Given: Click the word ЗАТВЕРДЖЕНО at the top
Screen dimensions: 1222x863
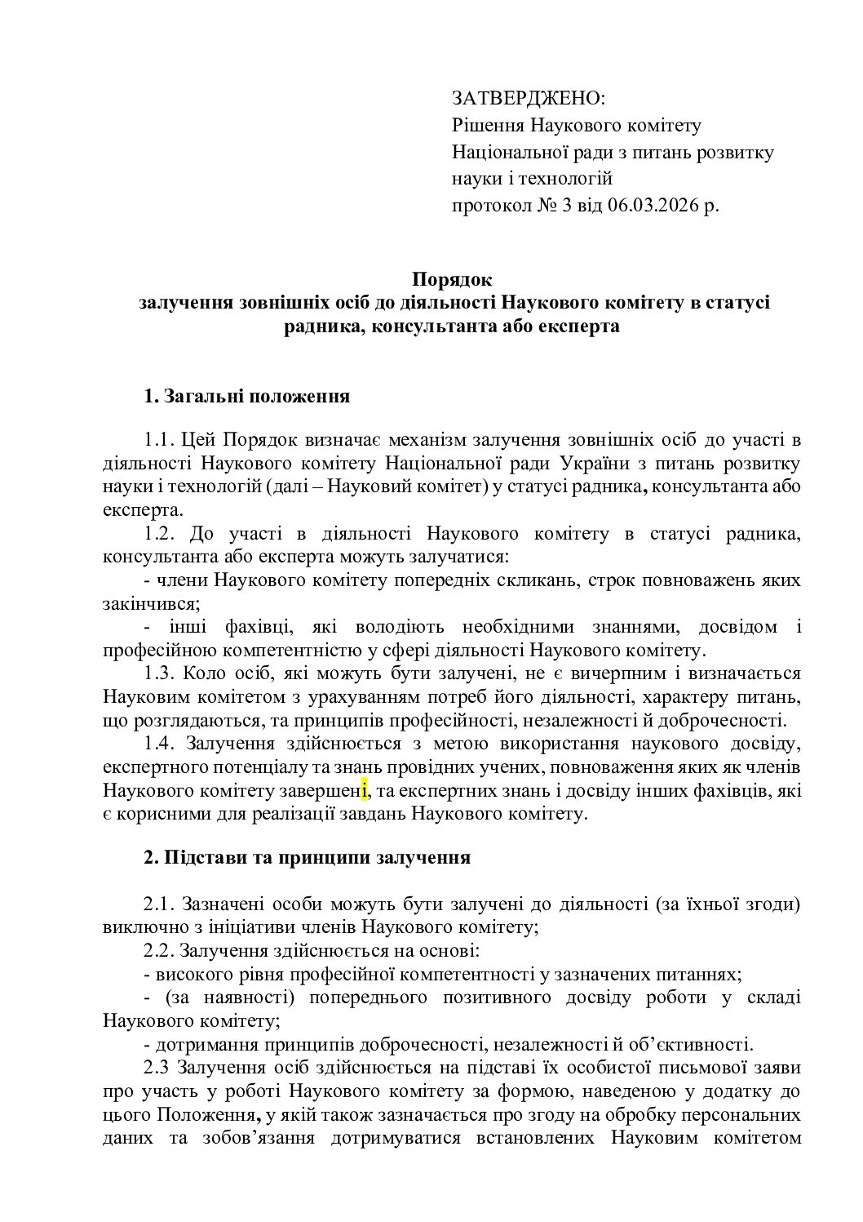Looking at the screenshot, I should pyautogui.click(x=528, y=99).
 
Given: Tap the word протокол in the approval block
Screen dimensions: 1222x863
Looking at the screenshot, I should pyautogui.click(x=489, y=205).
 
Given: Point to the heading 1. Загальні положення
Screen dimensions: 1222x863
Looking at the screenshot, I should pyautogui.click(x=247, y=398).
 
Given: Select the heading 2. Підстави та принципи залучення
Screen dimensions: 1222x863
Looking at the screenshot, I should pyautogui.click(x=307, y=858).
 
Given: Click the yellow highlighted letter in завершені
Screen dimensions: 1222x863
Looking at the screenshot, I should pyautogui.click(x=365, y=790).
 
